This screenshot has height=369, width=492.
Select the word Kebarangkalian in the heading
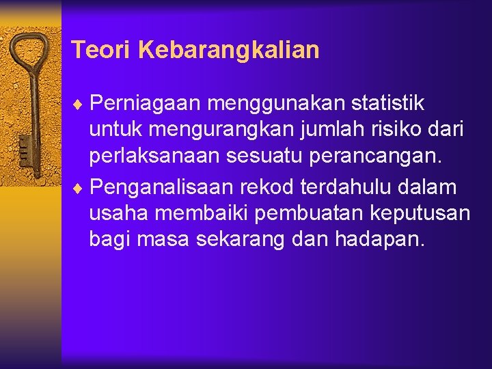[228, 50]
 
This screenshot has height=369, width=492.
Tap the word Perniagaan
[145, 104]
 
